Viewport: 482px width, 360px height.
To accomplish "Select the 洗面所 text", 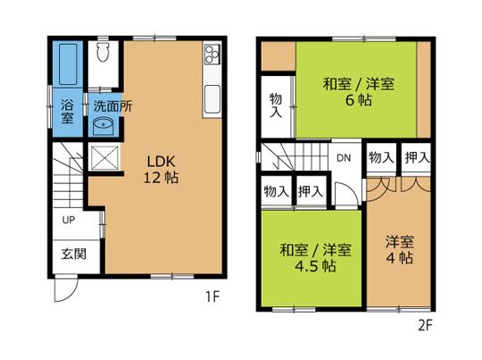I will point(113,105).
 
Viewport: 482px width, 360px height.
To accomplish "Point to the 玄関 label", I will point(73,255).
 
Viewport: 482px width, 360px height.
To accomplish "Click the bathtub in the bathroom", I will point(67,63).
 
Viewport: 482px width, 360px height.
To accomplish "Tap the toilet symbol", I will point(104,53).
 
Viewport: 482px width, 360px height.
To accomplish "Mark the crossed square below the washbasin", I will point(104,158).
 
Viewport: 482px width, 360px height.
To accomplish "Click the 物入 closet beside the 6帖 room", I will point(277,105).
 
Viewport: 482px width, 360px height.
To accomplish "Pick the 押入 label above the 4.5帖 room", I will point(310,190).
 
